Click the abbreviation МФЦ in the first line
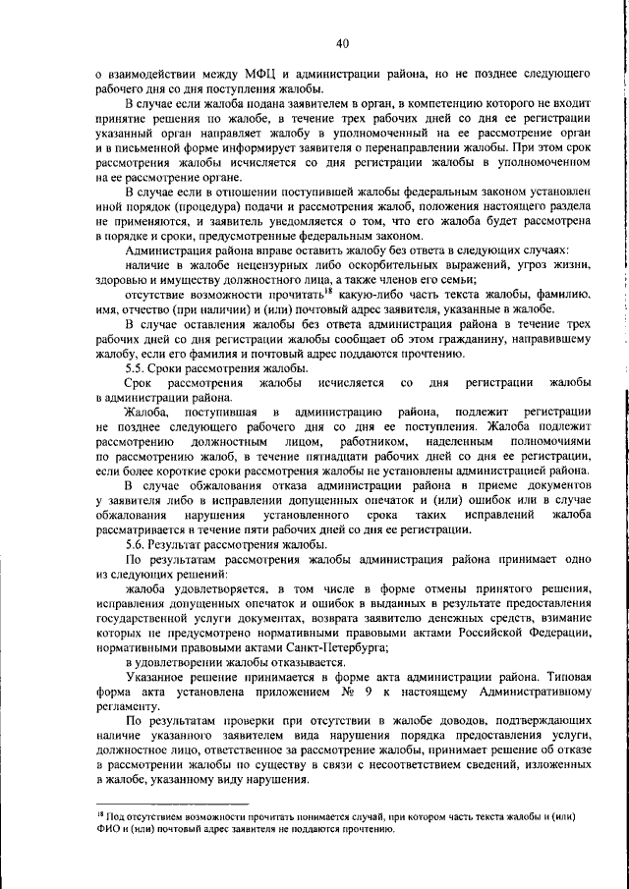(x=269, y=74)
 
